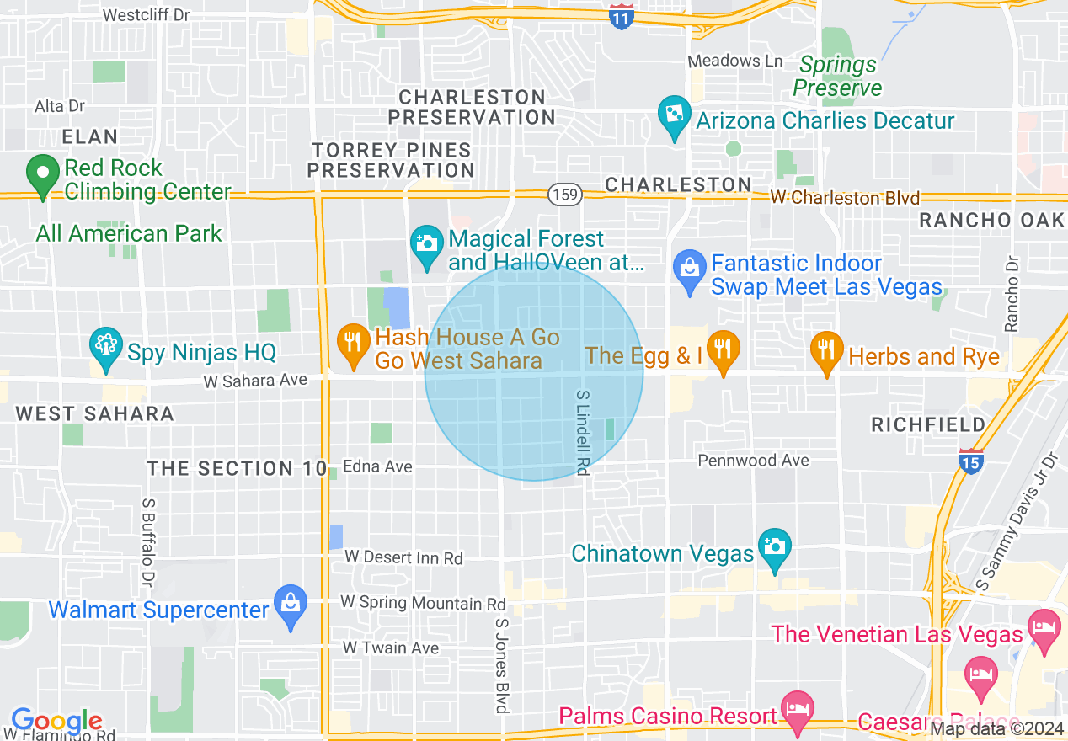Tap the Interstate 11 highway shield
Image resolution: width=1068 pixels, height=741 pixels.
coord(621,17)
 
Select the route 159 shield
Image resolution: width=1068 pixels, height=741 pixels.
coord(563,195)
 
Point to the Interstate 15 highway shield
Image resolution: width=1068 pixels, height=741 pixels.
coord(970,460)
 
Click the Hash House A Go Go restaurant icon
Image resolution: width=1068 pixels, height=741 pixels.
coord(353,343)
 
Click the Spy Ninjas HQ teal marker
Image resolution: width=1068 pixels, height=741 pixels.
coord(106,346)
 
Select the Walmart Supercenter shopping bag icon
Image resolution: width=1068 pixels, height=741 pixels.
coord(291,604)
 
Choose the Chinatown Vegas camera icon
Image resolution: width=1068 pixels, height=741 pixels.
coord(774,546)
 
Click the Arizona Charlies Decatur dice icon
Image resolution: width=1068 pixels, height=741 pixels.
coord(675,115)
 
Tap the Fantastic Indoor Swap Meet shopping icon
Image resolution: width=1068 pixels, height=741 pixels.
coord(690,269)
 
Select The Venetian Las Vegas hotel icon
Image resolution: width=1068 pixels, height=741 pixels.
coord(1044,628)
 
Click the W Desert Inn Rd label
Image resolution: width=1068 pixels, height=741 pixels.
coord(403,557)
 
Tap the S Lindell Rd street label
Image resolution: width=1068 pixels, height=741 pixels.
coord(581,432)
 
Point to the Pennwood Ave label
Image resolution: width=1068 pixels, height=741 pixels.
coord(753,461)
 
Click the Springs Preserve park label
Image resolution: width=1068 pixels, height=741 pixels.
coord(837,76)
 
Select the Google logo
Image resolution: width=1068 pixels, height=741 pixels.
coord(56,722)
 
